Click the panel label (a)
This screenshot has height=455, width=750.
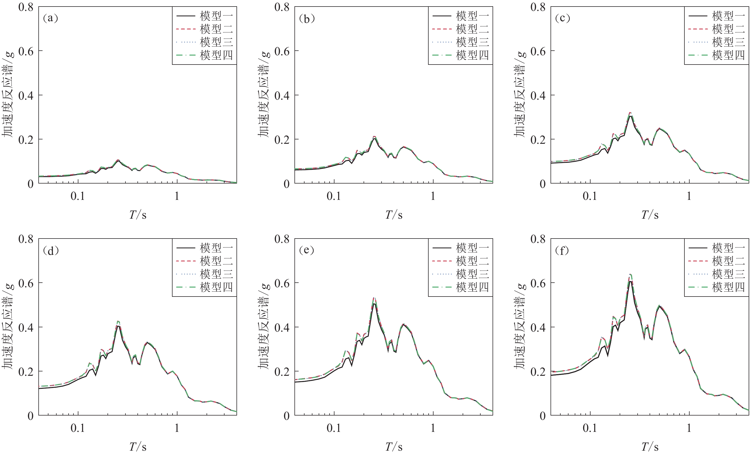[x=51, y=18]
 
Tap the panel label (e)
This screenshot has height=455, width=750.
[x=306, y=250]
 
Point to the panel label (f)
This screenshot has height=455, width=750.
[x=562, y=250]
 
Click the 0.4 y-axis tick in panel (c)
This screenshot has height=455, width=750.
[x=538, y=96]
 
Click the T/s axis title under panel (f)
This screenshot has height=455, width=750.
[x=650, y=447]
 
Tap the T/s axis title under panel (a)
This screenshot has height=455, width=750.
[x=138, y=215]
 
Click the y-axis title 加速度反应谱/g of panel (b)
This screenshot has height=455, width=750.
[x=264, y=94]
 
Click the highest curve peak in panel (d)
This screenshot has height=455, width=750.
[x=118, y=321]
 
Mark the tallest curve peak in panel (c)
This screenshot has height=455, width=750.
[x=630, y=113]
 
